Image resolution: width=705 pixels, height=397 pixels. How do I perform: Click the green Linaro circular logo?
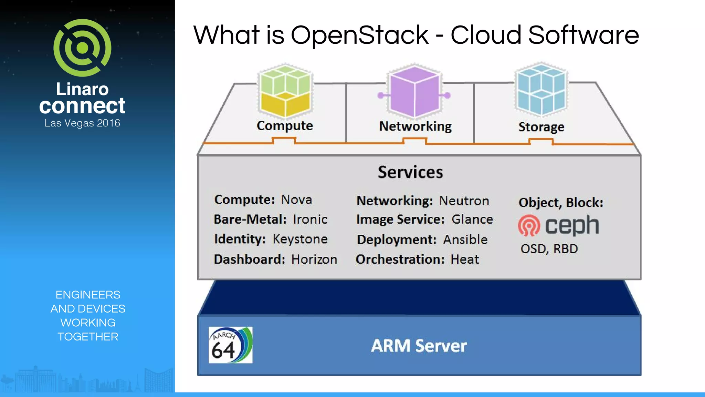(x=82, y=48)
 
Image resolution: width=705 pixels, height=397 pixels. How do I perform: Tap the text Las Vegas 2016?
(x=82, y=123)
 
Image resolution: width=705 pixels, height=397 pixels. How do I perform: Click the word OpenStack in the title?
(x=359, y=35)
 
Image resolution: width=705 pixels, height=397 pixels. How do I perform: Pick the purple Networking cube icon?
(x=414, y=91)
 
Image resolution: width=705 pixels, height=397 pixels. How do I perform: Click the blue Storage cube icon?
(x=541, y=90)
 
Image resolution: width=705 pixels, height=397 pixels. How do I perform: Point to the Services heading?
(x=410, y=172)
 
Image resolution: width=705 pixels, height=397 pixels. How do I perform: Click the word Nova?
(x=296, y=200)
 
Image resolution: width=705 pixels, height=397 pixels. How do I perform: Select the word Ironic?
(x=310, y=220)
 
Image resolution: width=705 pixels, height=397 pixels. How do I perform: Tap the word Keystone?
(x=300, y=239)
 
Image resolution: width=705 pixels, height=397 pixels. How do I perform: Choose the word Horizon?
(x=314, y=259)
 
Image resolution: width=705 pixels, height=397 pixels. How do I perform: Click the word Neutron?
(x=464, y=201)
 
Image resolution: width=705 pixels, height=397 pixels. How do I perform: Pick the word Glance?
(x=472, y=220)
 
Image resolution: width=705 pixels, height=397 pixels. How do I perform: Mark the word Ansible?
(x=465, y=240)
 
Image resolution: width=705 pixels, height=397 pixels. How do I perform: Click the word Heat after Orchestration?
(x=465, y=259)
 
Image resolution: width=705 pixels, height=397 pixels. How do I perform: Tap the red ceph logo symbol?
(x=529, y=225)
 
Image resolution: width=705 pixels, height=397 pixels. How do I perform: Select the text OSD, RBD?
(x=549, y=249)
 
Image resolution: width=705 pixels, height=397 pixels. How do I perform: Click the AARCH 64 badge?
(x=230, y=345)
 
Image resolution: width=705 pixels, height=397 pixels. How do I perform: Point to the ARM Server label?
(x=419, y=346)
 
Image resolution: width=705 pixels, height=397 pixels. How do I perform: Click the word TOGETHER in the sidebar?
(x=88, y=337)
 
